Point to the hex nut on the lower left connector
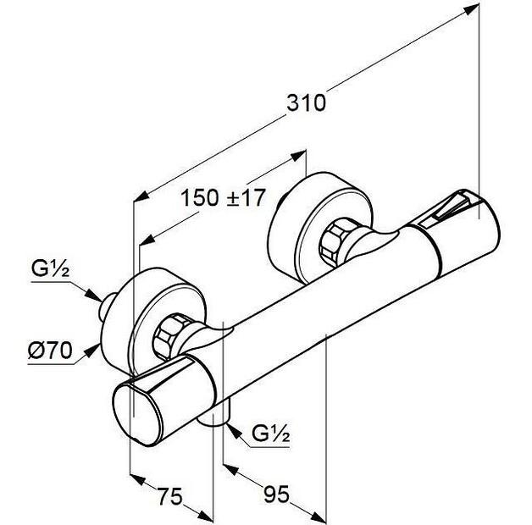coord(169,338)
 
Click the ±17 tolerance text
coord(247,198)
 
